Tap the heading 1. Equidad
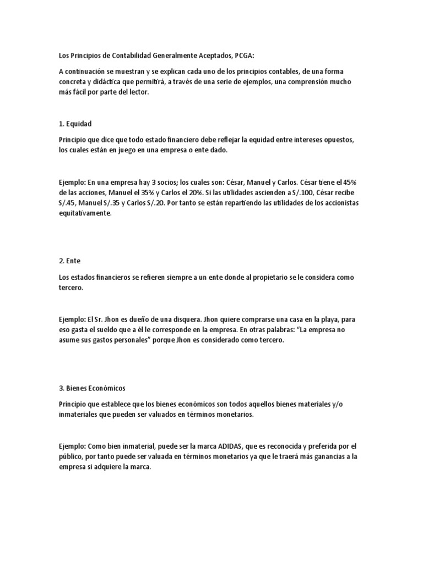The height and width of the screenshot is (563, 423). pos(75,124)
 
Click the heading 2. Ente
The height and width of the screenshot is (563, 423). pos(69,261)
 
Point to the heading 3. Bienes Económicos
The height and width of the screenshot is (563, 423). pos(92,388)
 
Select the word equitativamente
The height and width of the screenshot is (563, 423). pos(85,214)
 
